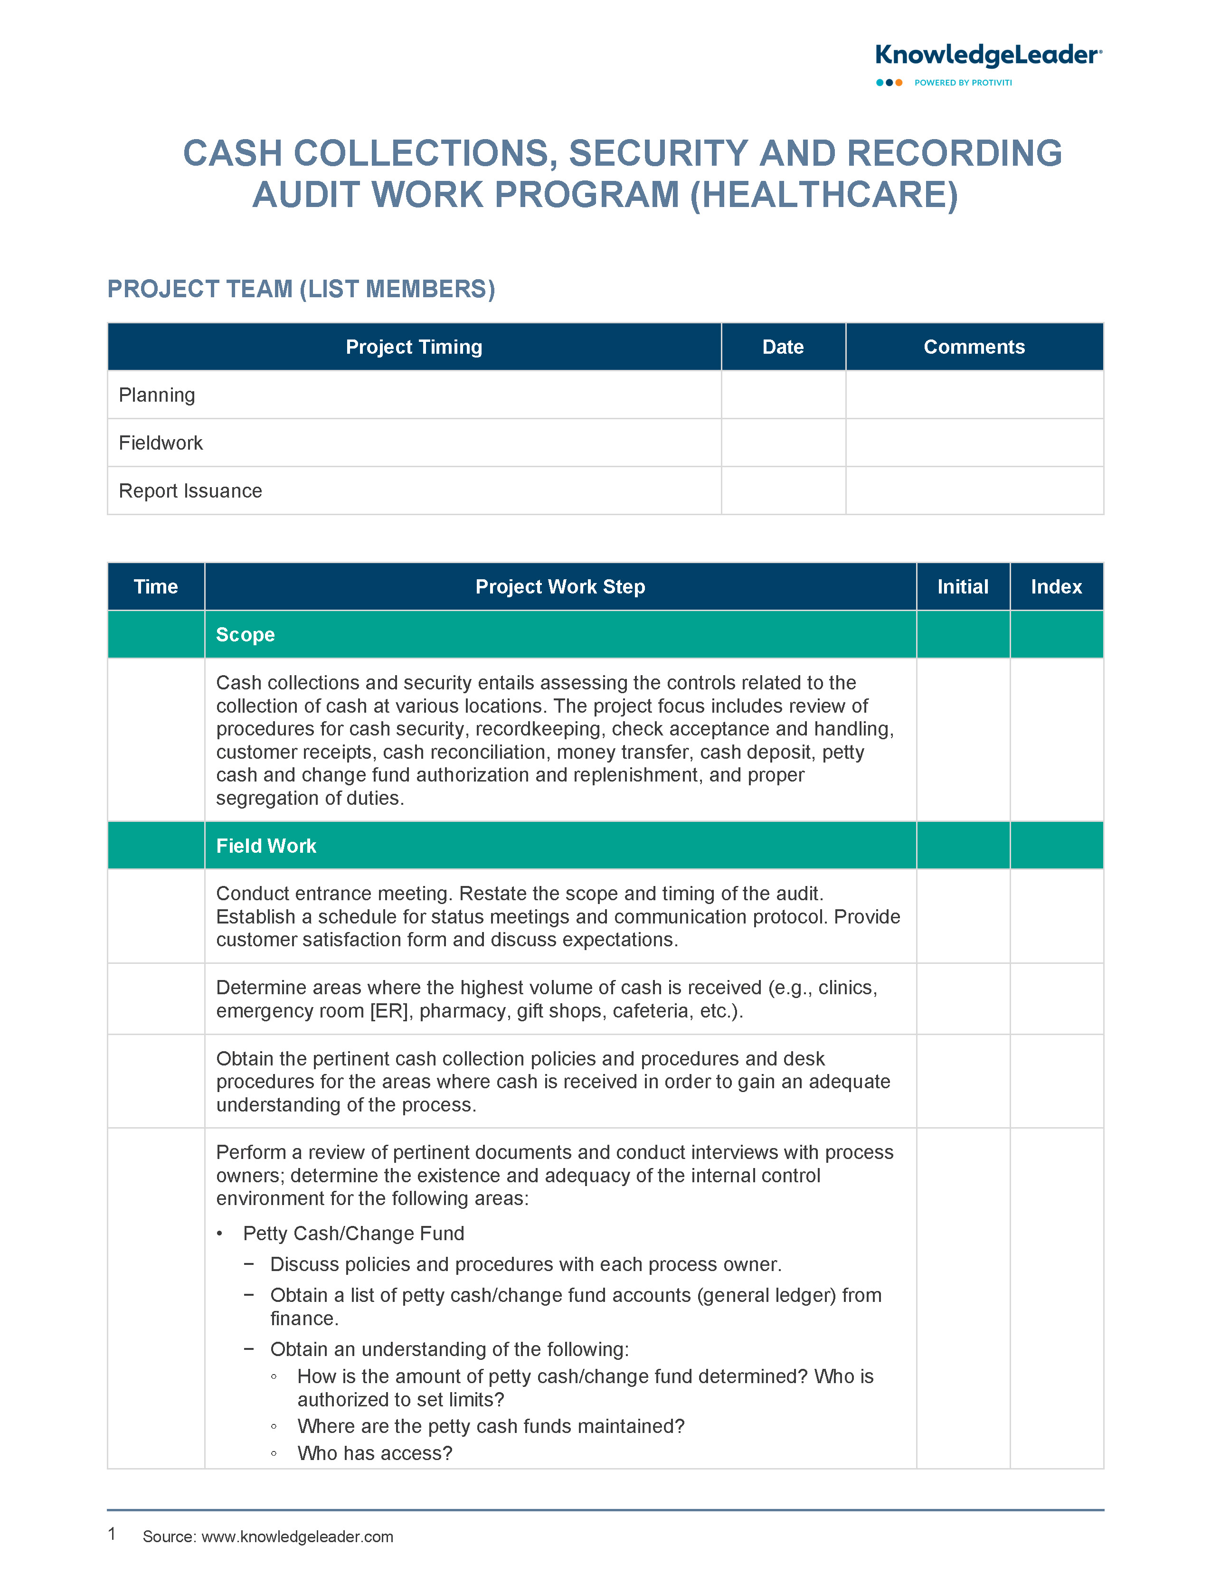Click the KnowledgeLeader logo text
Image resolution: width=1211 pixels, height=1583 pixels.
pos(987,56)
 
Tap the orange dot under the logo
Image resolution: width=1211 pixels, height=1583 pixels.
pos(899,83)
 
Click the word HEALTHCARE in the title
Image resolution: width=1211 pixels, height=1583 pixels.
pos(824,195)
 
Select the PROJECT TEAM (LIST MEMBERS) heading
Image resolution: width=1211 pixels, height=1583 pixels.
pos(301,289)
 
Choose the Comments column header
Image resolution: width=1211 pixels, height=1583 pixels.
pos(974,347)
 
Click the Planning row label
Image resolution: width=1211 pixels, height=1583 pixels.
pos(157,395)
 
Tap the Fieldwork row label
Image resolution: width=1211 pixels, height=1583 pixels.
pos(161,443)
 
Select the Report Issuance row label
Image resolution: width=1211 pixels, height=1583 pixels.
pos(190,490)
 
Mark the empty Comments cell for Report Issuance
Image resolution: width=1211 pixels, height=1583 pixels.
pos(974,490)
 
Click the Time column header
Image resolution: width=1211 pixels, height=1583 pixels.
pos(156,586)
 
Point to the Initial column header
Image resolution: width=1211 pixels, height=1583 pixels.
pos(962,586)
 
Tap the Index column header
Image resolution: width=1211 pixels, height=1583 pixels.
pos(1056,586)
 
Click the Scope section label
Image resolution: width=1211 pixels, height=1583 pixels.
pos(245,635)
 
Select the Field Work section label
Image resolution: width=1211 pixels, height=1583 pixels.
pos(266,846)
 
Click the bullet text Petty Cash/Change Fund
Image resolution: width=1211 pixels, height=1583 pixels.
pos(353,1234)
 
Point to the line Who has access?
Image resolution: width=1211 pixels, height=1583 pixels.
pos(375,1453)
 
